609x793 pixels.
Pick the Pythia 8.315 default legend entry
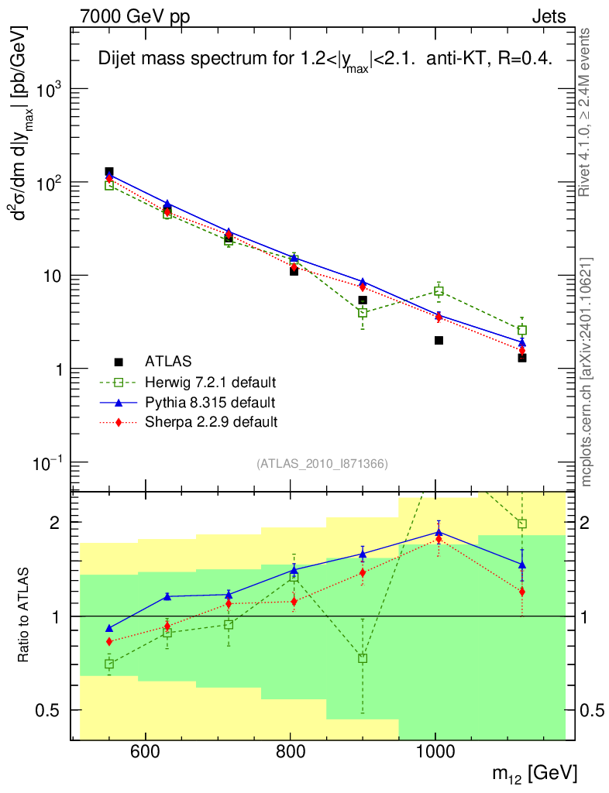coord(209,403)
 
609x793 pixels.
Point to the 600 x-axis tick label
coord(145,752)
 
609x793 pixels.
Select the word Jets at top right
coord(548,15)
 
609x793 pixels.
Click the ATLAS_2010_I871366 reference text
coord(322,463)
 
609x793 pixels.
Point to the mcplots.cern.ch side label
coord(587,372)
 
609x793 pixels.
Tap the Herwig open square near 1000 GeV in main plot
coord(439,291)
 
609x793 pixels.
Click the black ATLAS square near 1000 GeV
coord(439,340)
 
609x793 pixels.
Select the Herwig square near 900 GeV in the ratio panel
coord(363,658)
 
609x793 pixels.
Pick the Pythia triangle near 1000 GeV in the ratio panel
coord(439,532)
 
